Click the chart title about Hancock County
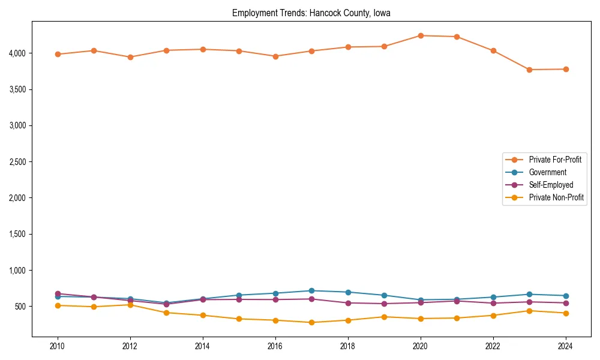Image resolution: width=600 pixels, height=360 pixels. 311,13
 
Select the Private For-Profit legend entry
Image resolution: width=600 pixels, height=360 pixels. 556,160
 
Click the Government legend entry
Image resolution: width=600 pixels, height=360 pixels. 547,172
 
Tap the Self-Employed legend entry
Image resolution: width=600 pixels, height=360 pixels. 551,185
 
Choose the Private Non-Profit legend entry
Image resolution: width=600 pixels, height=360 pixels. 556,197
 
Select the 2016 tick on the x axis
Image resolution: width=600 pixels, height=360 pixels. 275,346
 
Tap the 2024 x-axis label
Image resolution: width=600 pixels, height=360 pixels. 565,346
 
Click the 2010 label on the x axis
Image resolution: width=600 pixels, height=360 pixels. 58,346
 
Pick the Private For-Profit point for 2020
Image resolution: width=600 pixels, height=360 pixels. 420,35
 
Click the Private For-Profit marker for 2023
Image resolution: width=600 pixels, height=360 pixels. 529,70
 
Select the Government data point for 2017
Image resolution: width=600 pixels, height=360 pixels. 311,290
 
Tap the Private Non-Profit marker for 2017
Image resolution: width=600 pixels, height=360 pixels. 311,322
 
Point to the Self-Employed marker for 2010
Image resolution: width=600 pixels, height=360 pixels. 58,293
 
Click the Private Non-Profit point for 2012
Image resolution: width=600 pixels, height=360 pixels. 130,305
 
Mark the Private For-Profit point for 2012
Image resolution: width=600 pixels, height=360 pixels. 130,57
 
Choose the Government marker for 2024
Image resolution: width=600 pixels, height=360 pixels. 565,296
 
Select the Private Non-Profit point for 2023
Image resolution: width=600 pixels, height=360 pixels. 529,311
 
